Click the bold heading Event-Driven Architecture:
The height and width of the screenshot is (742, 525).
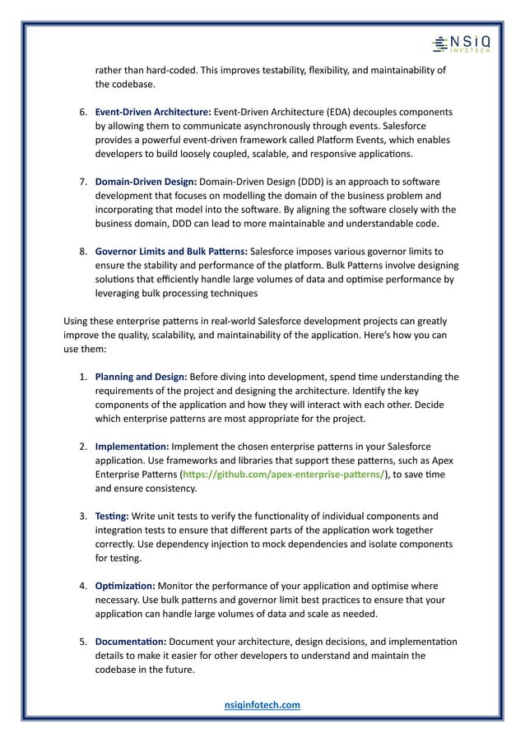point(153,111)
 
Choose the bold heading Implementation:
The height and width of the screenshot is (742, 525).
point(132,446)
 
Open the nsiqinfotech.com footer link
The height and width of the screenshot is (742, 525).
point(262,705)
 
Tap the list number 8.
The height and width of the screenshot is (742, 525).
point(83,251)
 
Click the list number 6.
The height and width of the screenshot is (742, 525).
point(83,111)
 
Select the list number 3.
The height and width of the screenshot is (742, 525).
point(83,516)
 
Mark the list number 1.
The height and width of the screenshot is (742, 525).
point(83,378)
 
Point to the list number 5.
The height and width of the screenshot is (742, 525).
point(83,642)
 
